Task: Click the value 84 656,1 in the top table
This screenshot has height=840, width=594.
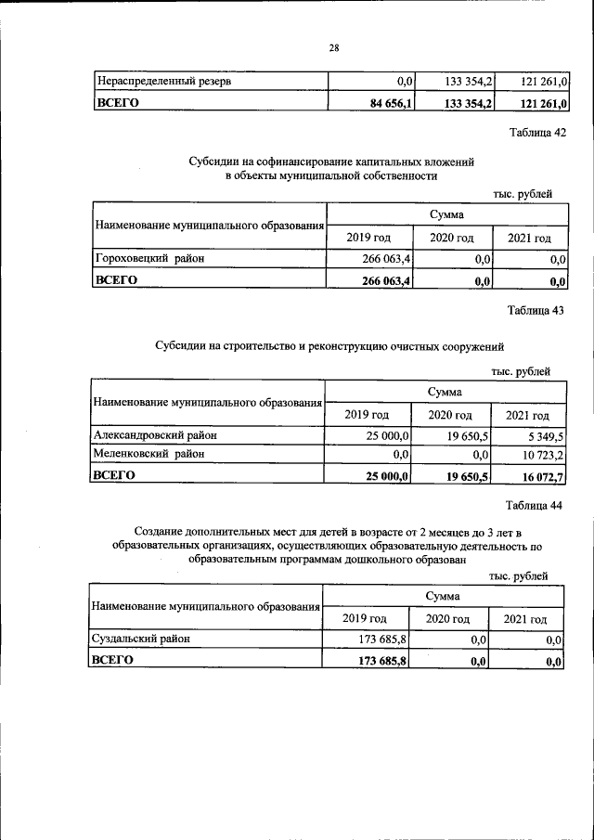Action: click(x=391, y=103)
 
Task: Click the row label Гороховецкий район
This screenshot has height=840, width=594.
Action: click(x=149, y=259)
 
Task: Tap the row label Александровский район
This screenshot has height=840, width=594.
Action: click(x=159, y=434)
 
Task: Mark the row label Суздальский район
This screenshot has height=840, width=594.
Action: click(x=138, y=640)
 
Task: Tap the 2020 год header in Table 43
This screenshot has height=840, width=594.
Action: click(x=450, y=415)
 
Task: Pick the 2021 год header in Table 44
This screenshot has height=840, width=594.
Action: click(x=525, y=619)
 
